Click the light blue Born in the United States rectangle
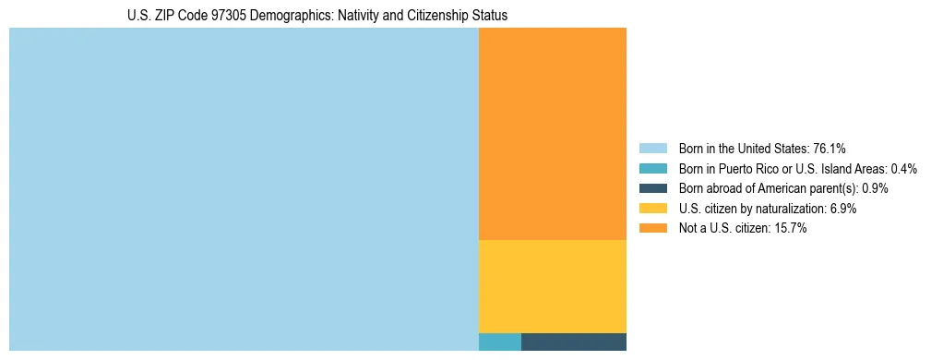tap(244, 189)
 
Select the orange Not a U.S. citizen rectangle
tap(552, 134)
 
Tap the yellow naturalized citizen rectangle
tap(552, 286)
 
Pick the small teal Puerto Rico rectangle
tap(499, 342)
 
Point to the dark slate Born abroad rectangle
tap(573, 342)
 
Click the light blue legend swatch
tap(652, 149)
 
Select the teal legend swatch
tap(652, 169)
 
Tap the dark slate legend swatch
tap(652, 188)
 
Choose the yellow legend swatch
tap(652, 209)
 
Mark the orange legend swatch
tap(652, 228)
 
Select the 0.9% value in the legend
tap(875, 188)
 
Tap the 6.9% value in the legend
tap(842, 209)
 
